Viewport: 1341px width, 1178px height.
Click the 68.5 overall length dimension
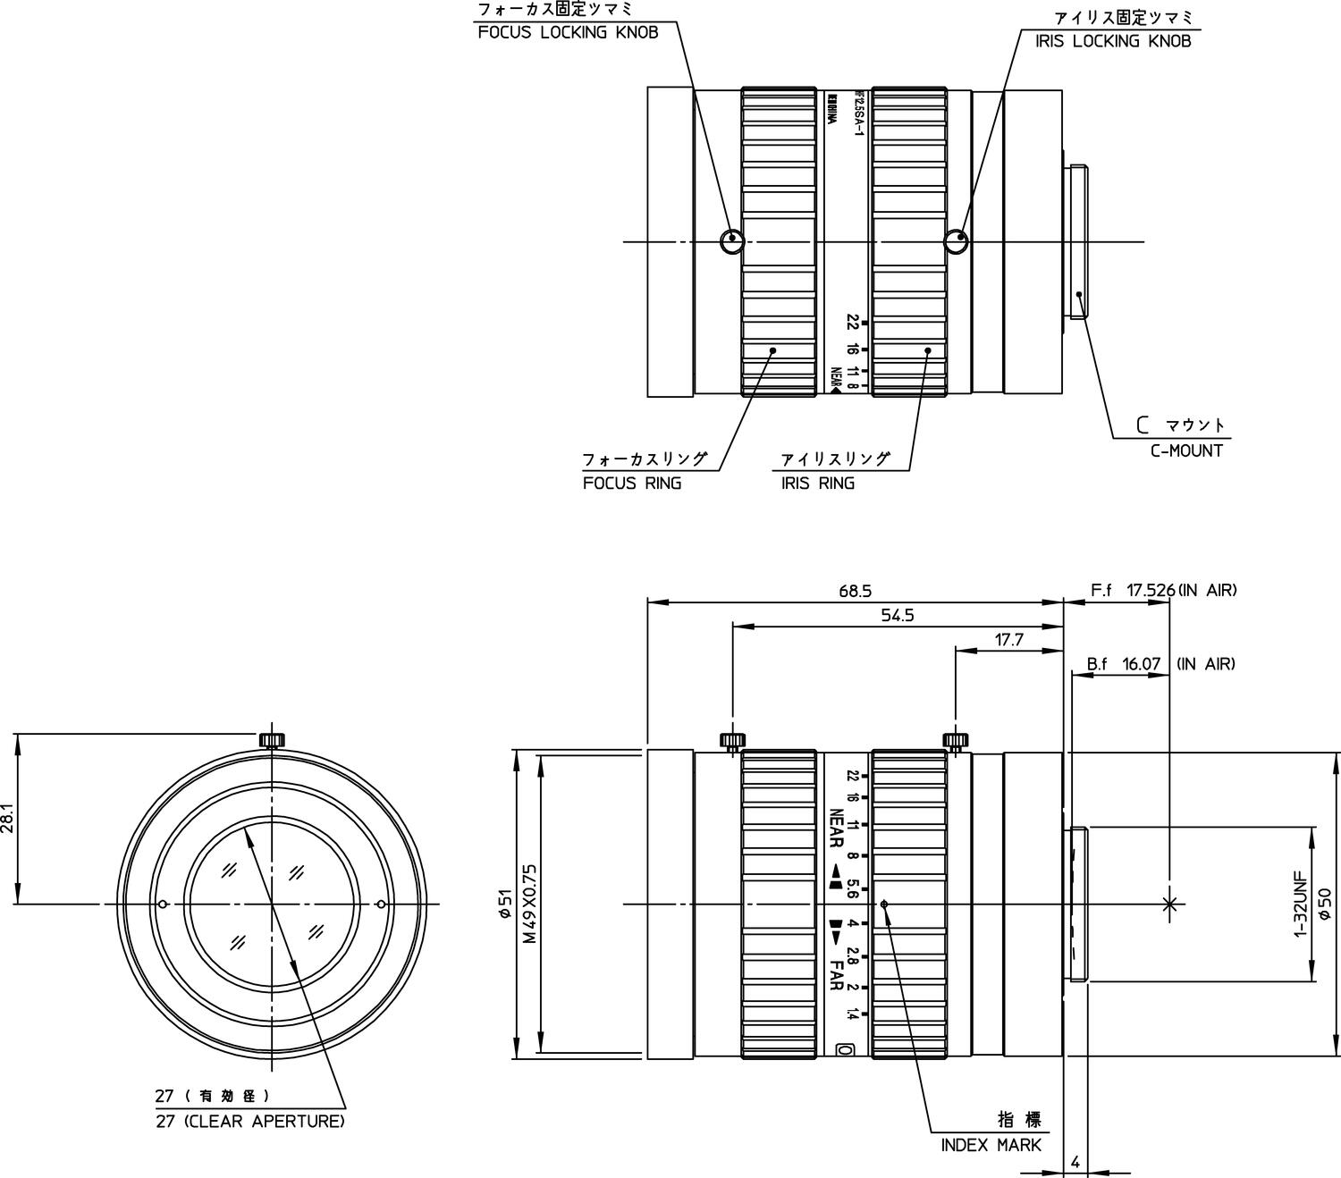tap(855, 591)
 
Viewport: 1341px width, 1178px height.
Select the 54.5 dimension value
tap(898, 615)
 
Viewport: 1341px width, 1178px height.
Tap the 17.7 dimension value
tap(1008, 639)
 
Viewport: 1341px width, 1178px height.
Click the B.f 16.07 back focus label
tap(1124, 664)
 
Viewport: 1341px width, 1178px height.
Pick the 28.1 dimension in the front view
tap(8, 818)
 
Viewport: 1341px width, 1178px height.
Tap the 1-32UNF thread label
tap(1301, 905)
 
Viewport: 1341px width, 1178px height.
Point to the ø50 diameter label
tap(1326, 905)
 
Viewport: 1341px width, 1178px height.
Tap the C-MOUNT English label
tap(1186, 450)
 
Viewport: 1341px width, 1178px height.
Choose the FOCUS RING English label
tap(632, 484)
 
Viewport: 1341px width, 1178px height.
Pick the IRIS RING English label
tap(817, 484)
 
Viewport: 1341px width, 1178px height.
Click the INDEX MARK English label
tap(991, 1145)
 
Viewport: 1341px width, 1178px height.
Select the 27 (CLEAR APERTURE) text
tap(249, 1121)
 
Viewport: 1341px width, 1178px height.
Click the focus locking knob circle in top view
tap(731, 239)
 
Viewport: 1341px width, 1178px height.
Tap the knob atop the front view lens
tap(272, 739)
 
